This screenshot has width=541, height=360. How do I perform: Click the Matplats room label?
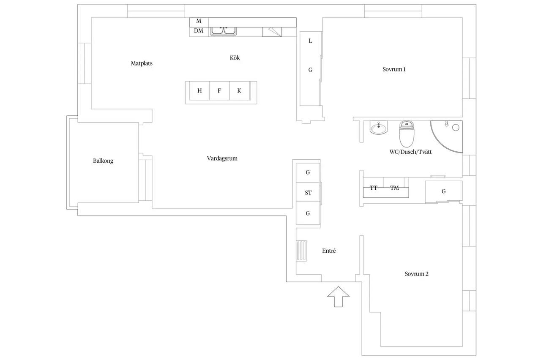click(x=142, y=63)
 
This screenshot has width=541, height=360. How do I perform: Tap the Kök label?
click(x=235, y=58)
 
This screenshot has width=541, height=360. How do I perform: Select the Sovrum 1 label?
click(x=394, y=69)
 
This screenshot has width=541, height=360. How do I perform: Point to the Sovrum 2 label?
click(x=416, y=274)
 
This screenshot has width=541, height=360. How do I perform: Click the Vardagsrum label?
click(x=222, y=158)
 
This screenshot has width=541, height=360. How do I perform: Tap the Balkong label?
click(x=103, y=161)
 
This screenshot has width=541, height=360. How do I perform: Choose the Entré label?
click(x=329, y=251)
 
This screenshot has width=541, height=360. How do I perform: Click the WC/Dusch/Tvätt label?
click(x=410, y=152)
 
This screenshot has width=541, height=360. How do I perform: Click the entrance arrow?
click(x=338, y=297)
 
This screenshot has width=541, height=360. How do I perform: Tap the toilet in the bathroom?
click(x=407, y=134)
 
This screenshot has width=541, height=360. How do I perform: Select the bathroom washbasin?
click(x=378, y=128)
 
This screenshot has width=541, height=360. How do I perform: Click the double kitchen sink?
click(x=224, y=31)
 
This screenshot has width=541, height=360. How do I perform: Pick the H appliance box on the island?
click(x=199, y=91)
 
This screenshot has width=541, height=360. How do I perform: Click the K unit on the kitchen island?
click(x=239, y=91)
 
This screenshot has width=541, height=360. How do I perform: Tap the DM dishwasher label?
click(x=199, y=31)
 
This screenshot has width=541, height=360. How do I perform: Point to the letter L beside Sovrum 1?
click(x=310, y=41)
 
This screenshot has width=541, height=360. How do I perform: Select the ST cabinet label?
click(x=308, y=193)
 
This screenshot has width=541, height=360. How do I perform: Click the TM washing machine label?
click(x=394, y=188)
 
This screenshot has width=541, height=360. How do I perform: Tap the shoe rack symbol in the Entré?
click(x=301, y=251)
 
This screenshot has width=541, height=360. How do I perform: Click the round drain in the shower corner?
click(x=456, y=128)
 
